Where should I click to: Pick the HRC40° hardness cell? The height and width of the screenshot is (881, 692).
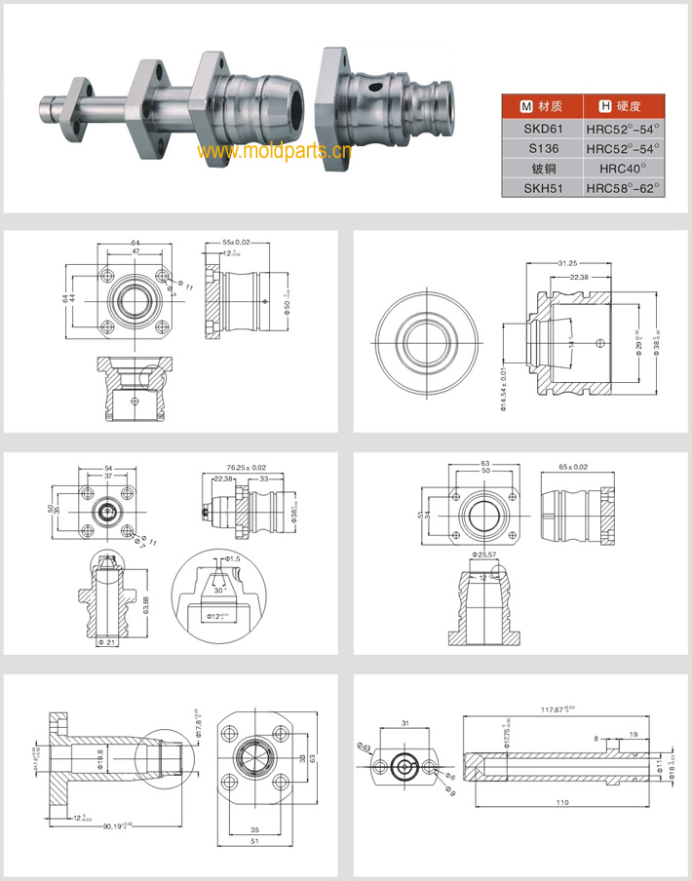point(623,168)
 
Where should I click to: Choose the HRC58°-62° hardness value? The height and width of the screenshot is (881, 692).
point(623,187)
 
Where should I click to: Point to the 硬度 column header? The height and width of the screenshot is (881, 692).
point(623,105)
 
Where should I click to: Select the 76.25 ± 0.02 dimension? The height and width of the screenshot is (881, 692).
point(247,467)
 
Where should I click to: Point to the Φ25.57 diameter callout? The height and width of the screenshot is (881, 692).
point(484,555)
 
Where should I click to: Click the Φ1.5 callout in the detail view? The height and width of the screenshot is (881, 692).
point(232,559)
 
